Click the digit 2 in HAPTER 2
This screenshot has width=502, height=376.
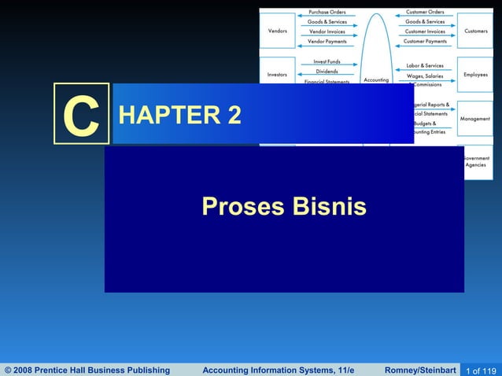[234, 116]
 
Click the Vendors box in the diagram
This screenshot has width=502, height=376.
[277, 31]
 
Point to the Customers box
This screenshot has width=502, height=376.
[475, 31]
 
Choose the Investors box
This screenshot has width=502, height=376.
[277, 74]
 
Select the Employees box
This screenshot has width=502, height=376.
[475, 74]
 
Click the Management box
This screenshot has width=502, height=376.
[475, 119]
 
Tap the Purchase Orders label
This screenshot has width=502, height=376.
[327, 12]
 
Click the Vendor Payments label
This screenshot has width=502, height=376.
[327, 41]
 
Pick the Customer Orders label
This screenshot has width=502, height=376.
[425, 12]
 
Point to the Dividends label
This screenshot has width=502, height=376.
[327, 72]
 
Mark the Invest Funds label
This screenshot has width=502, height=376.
[327, 61]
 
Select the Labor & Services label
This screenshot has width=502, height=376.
[425, 65]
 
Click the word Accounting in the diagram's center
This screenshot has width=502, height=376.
[375, 79]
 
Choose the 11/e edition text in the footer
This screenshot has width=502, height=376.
[341, 370]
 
